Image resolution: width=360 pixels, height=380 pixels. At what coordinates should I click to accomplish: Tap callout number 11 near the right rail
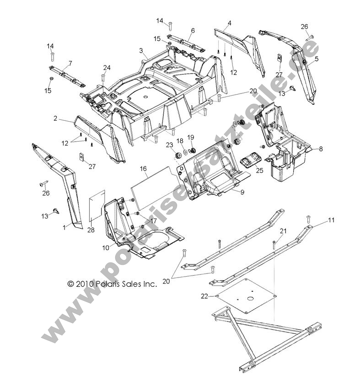tap(331, 220)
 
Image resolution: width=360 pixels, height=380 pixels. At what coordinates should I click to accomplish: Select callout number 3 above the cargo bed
tap(141, 50)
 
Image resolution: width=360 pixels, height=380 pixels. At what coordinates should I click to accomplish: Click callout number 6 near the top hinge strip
tap(193, 31)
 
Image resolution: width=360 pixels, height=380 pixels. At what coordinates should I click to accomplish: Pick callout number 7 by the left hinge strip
tap(70, 63)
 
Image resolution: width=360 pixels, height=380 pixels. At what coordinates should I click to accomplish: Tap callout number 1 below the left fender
tap(64, 227)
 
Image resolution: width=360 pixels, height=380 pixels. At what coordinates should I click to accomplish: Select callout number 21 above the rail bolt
tap(283, 231)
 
